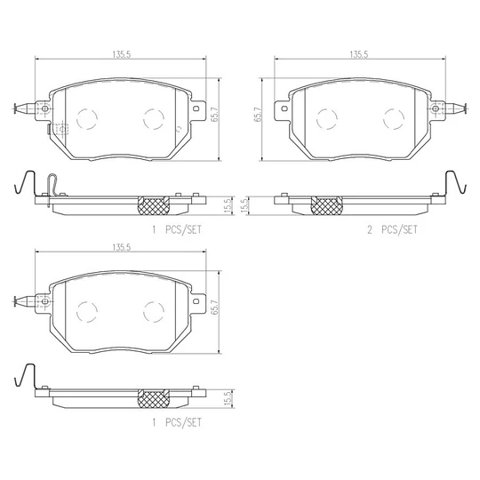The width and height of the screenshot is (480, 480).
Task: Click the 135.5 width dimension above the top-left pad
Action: pos(122,54)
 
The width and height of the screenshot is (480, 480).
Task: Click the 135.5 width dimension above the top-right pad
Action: pos(359,54)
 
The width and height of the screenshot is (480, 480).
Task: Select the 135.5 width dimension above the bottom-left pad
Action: pos(122,247)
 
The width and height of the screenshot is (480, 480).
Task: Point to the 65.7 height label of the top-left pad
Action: pos(215,115)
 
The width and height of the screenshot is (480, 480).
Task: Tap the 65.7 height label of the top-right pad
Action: pos(258,115)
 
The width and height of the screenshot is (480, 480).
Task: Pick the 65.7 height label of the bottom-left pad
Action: pos(215,307)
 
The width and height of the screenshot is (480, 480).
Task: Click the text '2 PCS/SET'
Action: pos(392,229)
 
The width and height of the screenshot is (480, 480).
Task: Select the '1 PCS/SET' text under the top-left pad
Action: pos(177,229)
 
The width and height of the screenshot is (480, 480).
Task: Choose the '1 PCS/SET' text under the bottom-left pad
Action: pos(177,422)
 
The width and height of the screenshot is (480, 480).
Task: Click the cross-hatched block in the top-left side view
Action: pos(154,205)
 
